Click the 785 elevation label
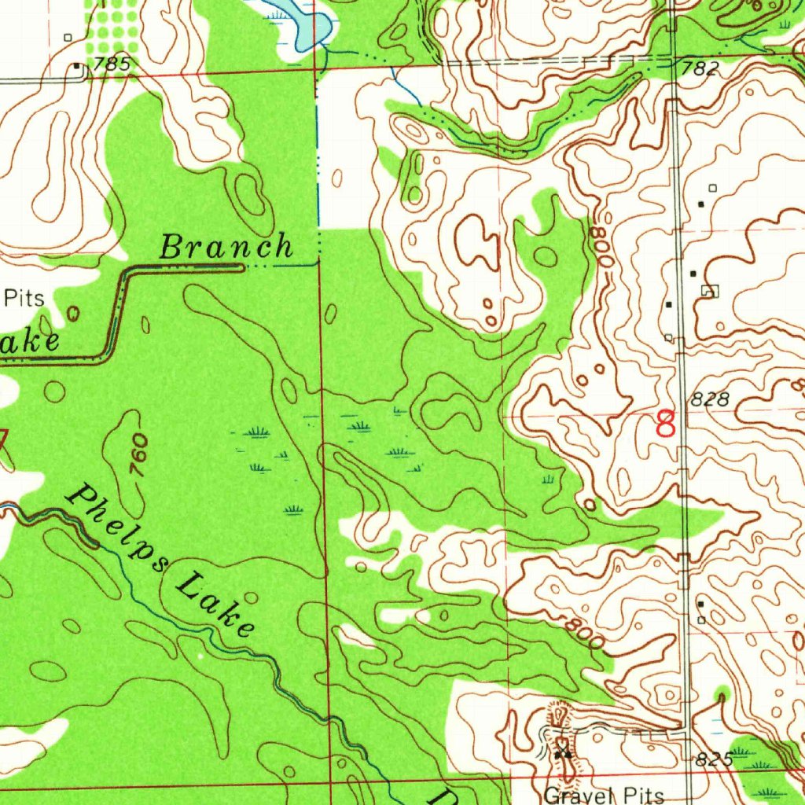[110, 64]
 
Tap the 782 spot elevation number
[700, 68]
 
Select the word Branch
[226, 248]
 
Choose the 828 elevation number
[711, 399]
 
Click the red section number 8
[666, 423]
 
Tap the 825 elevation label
[714, 759]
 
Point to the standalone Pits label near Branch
[24, 298]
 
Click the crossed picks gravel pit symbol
[562, 753]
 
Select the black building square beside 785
[76, 67]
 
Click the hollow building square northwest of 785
[68, 37]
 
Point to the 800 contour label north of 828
[603, 246]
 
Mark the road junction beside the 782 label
[675, 59]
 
